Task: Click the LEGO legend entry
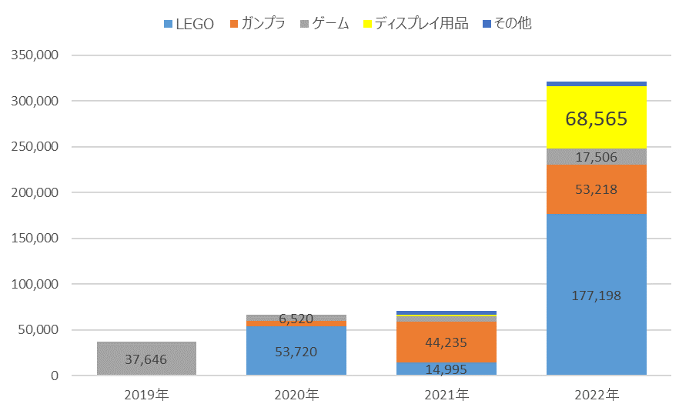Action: (189, 24)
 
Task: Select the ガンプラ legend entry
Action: (257, 23)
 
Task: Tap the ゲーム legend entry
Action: (325, 23)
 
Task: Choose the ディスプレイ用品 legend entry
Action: (416, 23)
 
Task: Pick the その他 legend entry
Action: (507, 23)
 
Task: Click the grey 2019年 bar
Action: (147, 359)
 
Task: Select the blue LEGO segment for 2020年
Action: (296, 350)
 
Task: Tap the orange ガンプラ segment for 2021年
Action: (447, 342)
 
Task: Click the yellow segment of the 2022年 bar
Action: (597, 117)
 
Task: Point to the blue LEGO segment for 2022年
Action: (597, 294)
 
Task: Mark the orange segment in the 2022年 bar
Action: (597, 189)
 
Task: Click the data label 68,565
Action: (597, 119)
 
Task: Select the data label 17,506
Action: (597, 157)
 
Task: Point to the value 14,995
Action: (446, 369)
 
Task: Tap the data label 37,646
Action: (146, 359)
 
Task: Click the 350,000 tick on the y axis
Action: (35, 55)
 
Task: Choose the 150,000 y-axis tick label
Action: (35, 238)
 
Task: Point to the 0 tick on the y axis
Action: (55, 376)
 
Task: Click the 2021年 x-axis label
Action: (447, 395)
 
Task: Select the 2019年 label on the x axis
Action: (146, 395)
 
